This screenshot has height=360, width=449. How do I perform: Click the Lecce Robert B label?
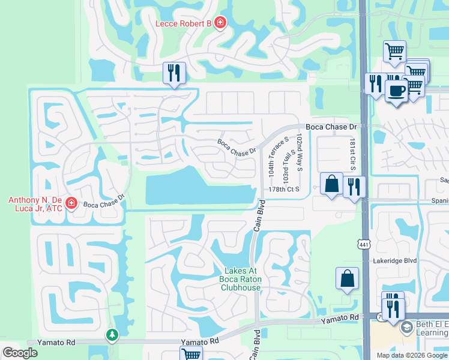coord(184,23)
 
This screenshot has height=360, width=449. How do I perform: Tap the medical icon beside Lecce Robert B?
coord(221,23)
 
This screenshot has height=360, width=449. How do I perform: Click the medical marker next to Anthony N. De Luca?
coord(71,203)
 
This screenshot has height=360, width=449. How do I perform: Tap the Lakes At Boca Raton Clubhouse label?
coord(241,279)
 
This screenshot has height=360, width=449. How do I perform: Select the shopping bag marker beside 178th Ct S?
coord(331,184)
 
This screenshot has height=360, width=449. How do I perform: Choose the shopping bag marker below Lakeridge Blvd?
coord(347,278)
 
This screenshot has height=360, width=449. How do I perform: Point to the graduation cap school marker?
coord(407,327)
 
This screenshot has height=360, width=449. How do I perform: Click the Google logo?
coord(20,353)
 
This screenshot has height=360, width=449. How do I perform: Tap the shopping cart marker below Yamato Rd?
coord(192,355)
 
